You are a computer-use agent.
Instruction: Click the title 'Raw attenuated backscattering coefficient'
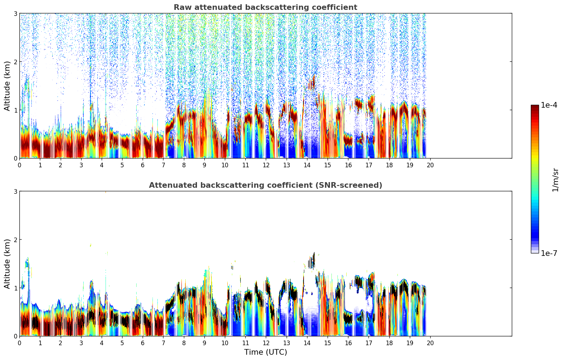click(265, 7)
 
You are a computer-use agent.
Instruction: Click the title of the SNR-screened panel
click(265, 185)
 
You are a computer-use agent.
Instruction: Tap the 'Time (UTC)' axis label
click(265, 352)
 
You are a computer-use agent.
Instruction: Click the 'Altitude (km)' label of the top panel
click(7, 86)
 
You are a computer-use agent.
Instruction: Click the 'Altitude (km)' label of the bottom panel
click(7, 264)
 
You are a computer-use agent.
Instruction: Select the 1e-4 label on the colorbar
click(549, 105)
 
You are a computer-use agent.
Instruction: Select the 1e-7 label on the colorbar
click(549, 253)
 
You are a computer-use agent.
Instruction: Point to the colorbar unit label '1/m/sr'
click(555, 180)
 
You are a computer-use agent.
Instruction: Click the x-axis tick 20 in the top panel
click(430, 165)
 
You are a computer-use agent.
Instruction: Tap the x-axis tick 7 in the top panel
click(163, 165)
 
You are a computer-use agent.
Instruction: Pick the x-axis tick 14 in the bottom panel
click(307, 343)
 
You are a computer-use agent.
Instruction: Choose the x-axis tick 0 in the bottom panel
click(19, 343)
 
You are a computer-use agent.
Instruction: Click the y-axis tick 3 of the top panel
click(15, 13)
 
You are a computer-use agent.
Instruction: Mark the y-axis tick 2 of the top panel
click(15, 62)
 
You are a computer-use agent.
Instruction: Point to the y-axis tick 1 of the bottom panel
click(15, 288)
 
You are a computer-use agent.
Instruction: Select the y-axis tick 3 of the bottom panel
click(15, 191)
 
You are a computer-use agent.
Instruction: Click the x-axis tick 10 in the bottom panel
click(224, 343)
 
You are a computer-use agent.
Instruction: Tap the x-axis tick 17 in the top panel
click(369, 165)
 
